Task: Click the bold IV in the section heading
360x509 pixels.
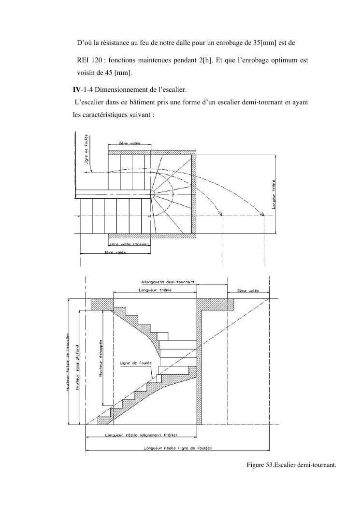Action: (x=76, y=89)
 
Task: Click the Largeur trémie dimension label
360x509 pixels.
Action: (x=273, y=194)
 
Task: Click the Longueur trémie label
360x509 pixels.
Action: (x=155, y=290)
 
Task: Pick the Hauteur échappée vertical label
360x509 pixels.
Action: (x=101, y=357)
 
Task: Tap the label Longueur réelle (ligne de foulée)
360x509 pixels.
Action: (x=177, y=448)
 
